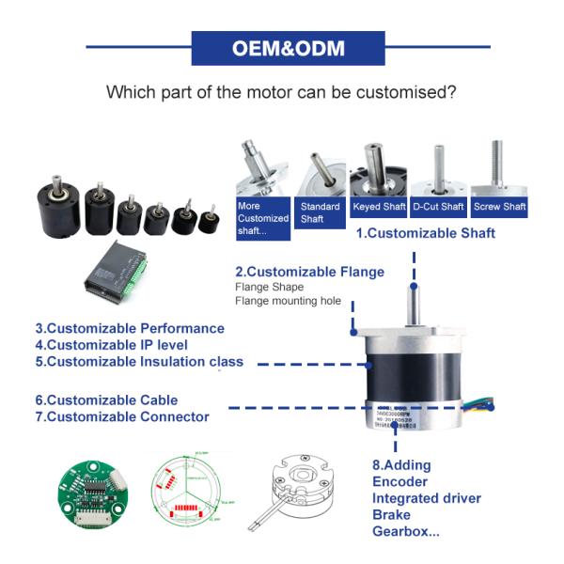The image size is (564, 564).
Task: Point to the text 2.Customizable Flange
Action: coord(309,272)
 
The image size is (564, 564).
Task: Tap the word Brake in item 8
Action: coord(392,514)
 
